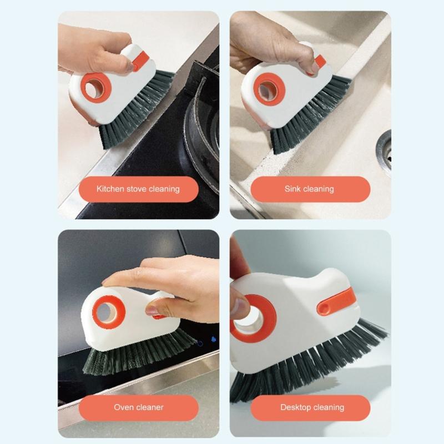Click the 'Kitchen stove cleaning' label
138,189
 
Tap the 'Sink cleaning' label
310,189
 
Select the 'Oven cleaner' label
138,407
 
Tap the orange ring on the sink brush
269,89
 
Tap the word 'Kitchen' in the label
110,189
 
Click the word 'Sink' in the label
292,189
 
